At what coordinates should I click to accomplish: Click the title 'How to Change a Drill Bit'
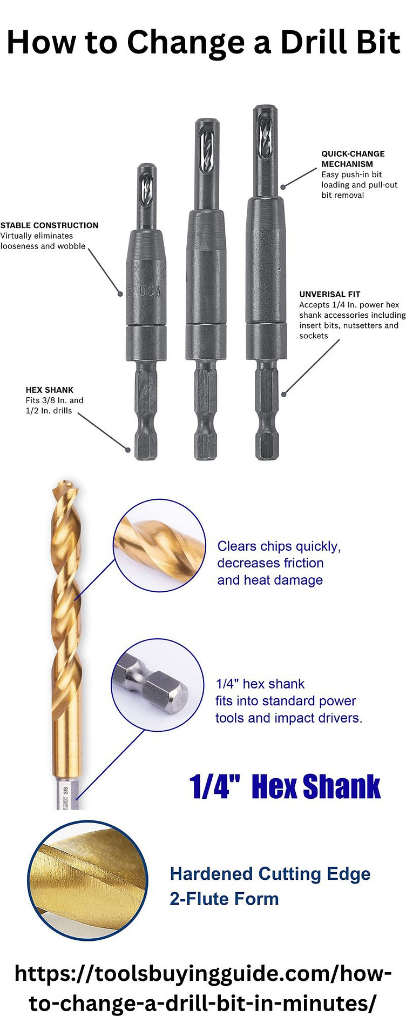tap(203, 42)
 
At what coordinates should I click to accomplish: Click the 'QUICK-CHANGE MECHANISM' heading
tap(353, 159)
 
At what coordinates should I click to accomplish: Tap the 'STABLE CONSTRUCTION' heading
tap(49, 225)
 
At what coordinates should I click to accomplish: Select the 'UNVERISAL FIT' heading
tap(329, 295)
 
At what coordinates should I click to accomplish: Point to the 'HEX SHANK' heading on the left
tap(49, 390)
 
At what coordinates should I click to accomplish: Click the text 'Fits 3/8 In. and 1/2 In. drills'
tap(54, 405)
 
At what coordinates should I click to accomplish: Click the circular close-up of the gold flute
tap(159, 545)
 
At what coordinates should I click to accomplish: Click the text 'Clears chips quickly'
tap(279, 546)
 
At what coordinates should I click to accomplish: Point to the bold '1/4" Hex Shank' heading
tap(285, 786)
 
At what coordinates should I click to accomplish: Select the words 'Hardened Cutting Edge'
tap(270, 874)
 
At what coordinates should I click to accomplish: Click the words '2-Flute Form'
tap(224, 899)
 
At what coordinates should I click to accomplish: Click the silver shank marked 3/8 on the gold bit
tap(67, 794)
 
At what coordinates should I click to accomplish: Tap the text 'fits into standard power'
tap(285, 701)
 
